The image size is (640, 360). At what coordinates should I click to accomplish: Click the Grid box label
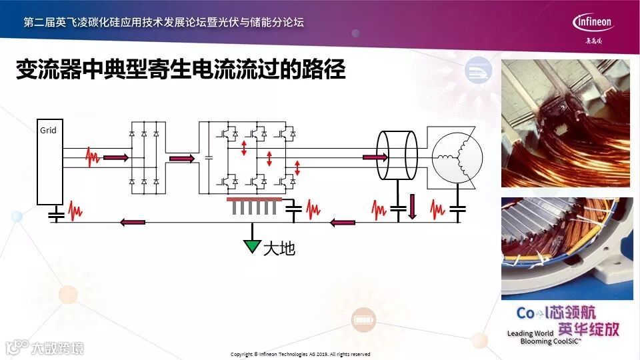[48, 131]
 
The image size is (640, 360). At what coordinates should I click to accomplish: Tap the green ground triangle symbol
[252, 245]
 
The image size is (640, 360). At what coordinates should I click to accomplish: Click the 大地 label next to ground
[279, 249]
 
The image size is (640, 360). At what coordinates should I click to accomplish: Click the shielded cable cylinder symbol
[397, 155]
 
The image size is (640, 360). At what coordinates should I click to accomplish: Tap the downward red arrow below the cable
[412, 207]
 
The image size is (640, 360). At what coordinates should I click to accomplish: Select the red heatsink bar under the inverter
[257, 199]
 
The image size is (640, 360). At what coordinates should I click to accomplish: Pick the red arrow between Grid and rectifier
[115, 158]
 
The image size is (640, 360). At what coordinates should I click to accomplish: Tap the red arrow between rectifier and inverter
[183, 159]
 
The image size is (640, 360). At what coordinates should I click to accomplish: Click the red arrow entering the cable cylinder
[374, 158]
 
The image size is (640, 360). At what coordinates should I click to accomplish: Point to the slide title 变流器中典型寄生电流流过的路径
[181, 70]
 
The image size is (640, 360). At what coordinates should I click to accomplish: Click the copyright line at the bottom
[300, 354]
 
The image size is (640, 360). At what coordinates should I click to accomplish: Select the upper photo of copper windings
[565, 123]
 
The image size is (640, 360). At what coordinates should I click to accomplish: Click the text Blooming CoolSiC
[549, 341]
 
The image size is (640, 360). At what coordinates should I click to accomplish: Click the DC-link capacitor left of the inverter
[209, 158]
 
